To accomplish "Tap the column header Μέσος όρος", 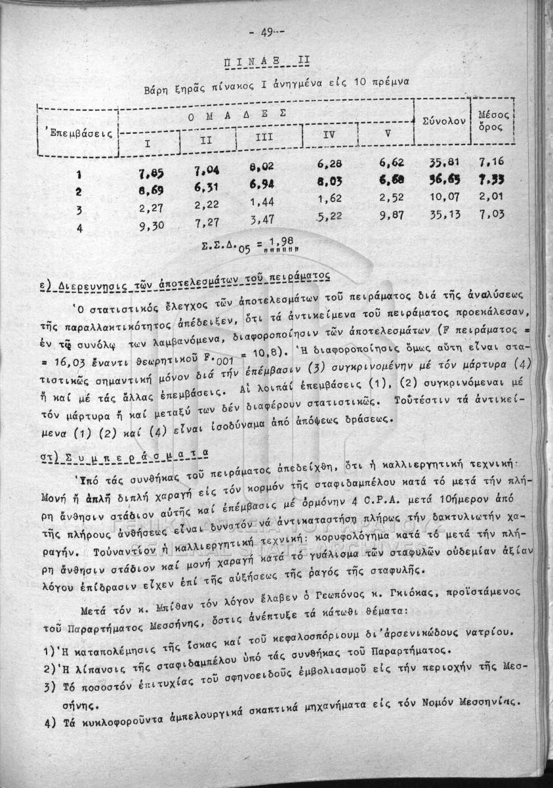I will click(x=491, y=120).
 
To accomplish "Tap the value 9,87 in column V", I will click(x=394, y=216).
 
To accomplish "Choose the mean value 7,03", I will click(x=493, y=214).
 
